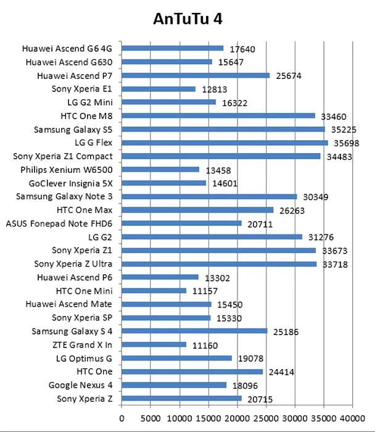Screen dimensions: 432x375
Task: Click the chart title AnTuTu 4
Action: coord(187,19)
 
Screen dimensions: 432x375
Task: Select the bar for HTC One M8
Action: coord(218,115)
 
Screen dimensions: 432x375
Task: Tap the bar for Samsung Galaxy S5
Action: coord(223,129)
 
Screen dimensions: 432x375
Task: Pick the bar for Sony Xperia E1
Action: coord(159,89)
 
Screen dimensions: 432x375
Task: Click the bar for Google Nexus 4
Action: coord(174,385)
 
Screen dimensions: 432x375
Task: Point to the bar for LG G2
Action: coord(212,236)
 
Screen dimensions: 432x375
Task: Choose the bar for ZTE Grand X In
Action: coord(154,344)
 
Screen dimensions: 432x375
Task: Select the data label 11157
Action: coord(205,291)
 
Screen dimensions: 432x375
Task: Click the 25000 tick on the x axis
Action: coord(266,418)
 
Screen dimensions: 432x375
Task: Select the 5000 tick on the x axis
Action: coord(150,418)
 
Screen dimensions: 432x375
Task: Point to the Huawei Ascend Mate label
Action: coord(69,304)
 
